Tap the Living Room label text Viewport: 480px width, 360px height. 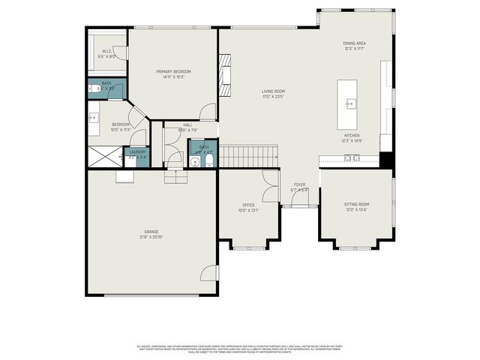click(x=274, y=91)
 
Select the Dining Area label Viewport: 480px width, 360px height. click(x=354, y=44)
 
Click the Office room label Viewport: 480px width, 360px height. click(x=248, y=205)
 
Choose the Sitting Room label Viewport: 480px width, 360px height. click(x=356, y=204)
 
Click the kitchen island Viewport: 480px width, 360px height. click(x=349, y=104)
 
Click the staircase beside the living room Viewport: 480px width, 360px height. click(x=248, y=157)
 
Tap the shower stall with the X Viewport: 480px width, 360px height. click(x=104, y=156)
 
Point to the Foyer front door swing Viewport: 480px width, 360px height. click(x=300, y=197)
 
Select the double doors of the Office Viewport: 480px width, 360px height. click(x=270, y=181)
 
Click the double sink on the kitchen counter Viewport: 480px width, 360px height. click(x=352, y=157)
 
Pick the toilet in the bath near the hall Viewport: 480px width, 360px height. click(x=209, y=160)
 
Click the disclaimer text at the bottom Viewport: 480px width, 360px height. click(x=240, y=349)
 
